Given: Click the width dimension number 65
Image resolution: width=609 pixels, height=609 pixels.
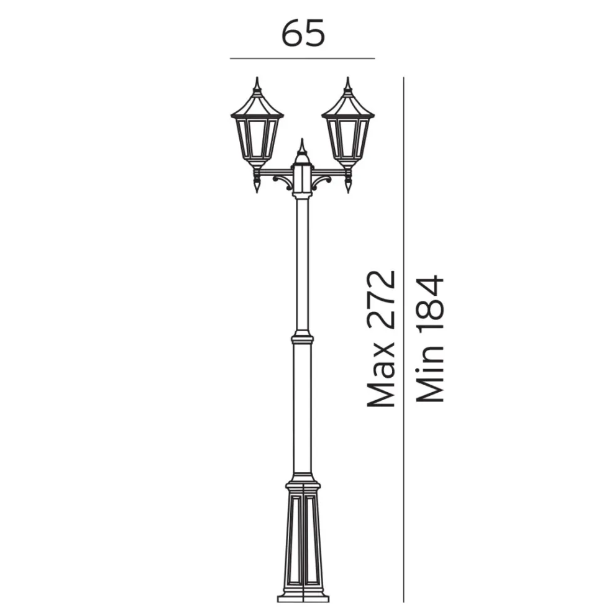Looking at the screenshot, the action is [303, 33].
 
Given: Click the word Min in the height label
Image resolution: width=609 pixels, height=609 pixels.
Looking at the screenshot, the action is [430, 378].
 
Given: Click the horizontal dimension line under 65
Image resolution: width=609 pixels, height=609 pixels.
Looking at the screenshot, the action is [302, 58].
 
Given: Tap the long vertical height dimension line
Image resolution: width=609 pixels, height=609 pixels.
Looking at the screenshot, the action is [404, 339].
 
